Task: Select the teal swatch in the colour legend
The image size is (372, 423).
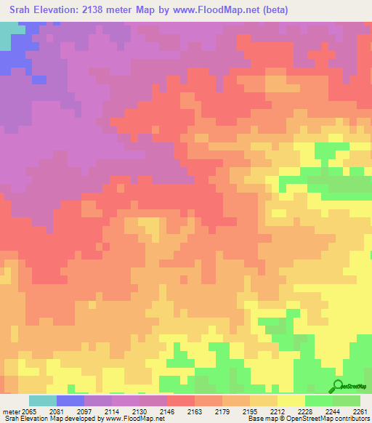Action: (43, 400)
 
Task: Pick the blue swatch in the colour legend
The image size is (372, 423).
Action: (70, 400)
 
